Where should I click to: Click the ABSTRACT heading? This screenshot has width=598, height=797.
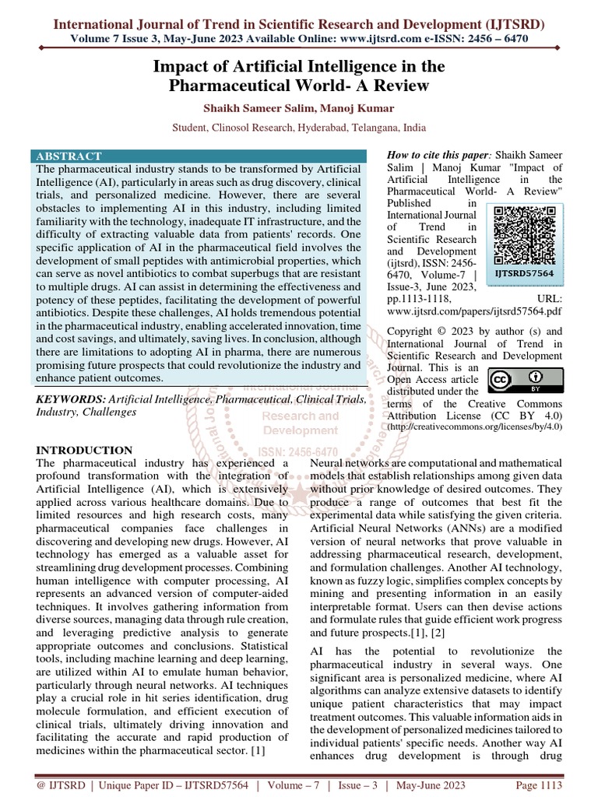68,156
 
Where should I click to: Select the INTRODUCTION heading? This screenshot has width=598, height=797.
86,451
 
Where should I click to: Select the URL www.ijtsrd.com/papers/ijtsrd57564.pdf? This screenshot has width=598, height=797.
476,311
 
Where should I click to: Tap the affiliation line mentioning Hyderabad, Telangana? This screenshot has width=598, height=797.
299,126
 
